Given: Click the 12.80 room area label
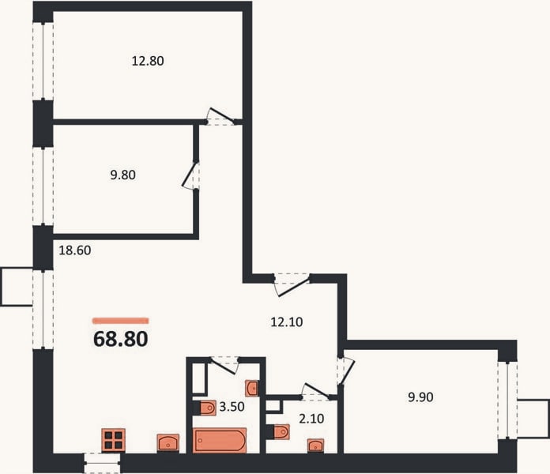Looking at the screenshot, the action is pos(148,61).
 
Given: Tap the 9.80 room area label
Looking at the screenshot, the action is pos(122,175).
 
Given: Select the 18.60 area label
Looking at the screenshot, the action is pos(75,250).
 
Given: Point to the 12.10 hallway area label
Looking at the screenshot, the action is pos(287,322).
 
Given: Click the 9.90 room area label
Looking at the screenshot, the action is pos(420,397).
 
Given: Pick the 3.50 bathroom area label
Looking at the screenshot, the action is pos(232,407).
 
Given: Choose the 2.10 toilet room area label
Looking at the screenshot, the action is pos(311,419).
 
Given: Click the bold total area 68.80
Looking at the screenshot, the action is pos(121,339).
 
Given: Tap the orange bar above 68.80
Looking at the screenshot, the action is pos(121,320).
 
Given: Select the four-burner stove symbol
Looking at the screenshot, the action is pos(113,440).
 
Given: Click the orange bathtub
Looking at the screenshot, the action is pos(220,440).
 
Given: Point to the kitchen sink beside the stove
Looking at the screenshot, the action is pos(168,443).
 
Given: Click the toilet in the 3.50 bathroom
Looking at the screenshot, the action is pos(208,408).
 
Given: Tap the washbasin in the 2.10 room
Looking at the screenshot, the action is pos(315,446).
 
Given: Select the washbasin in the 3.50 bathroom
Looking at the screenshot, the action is pos(252,388).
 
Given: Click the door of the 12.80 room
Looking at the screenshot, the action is pos(220,116).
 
